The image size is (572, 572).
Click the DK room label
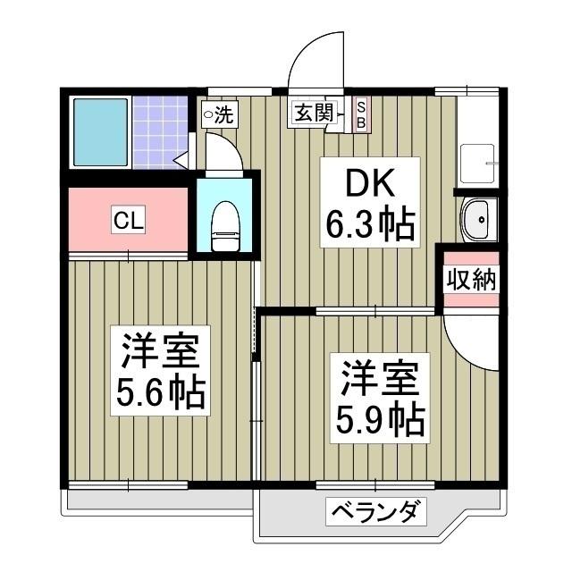(368, 187)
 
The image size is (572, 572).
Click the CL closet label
(127, 220)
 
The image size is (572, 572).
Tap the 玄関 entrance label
(314, 113)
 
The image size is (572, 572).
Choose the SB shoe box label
(360, 114)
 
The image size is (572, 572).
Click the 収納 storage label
(470, 280)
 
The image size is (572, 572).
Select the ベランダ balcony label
(375, 513)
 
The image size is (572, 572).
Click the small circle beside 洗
(207, 114)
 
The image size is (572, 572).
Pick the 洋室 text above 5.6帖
(158, 350)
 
